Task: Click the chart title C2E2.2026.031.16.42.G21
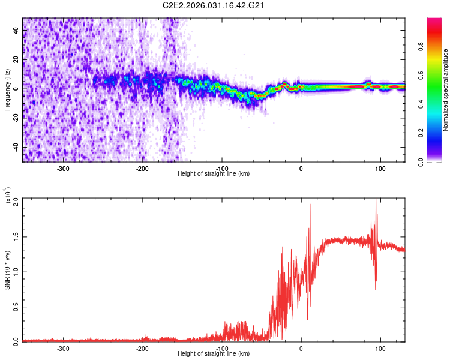[x=214, y=5]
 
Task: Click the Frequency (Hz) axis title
[x=7, y=89]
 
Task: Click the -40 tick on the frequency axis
[x=16, y=148]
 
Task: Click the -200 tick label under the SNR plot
[x=143, y=349]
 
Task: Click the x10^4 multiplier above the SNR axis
[x=8, y=196]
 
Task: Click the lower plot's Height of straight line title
[x=214, y=354]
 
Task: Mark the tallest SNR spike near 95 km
[x=376, y=199]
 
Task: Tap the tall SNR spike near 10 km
[x=310, y=205]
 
